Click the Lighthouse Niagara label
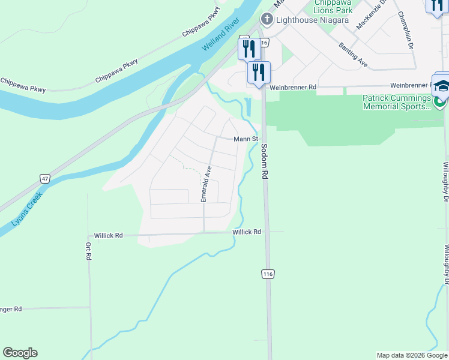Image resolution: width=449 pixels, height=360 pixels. [x=312, y=20]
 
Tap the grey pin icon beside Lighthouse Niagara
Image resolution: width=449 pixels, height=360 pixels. [x=267, y=20]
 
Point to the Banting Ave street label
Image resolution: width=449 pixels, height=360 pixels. [x=352, y=53]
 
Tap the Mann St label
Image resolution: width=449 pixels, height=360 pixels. [x=246, y=139]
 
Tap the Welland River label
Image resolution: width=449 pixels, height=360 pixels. [x=221, y=35]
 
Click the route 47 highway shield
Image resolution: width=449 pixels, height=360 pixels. [x=45, y=178]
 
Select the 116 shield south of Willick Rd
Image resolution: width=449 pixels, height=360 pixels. [x=268, y=274]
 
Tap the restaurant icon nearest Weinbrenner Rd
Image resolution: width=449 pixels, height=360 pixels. [x=259, y=73]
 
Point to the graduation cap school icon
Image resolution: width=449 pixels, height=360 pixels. [x=442, y=85]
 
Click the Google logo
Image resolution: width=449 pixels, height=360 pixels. [x=20, y=353]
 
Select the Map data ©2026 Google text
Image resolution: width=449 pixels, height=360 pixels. [x=411, y=355]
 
